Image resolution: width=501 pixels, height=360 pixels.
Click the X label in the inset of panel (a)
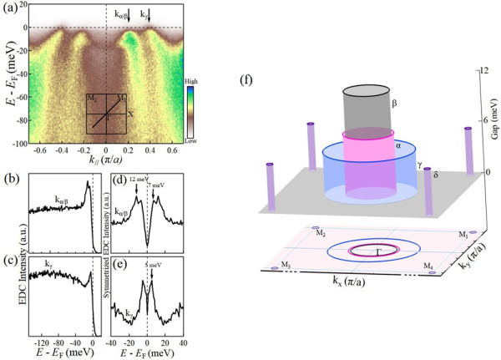click(x=130, y=114)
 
